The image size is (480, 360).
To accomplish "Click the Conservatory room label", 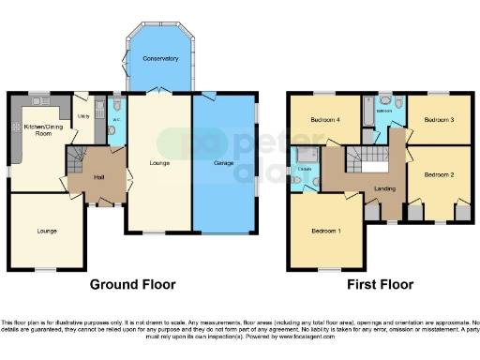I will click(x=160, y=58).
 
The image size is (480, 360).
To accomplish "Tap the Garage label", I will click(x=223, y=163).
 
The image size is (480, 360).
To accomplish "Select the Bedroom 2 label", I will click(x=438, y=174).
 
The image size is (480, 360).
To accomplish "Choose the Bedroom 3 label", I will click(x=438, y=120).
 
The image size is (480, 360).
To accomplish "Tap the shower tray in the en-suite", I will click(x=304, y=155).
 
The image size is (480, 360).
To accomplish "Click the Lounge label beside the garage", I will click(x=159, y=163).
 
